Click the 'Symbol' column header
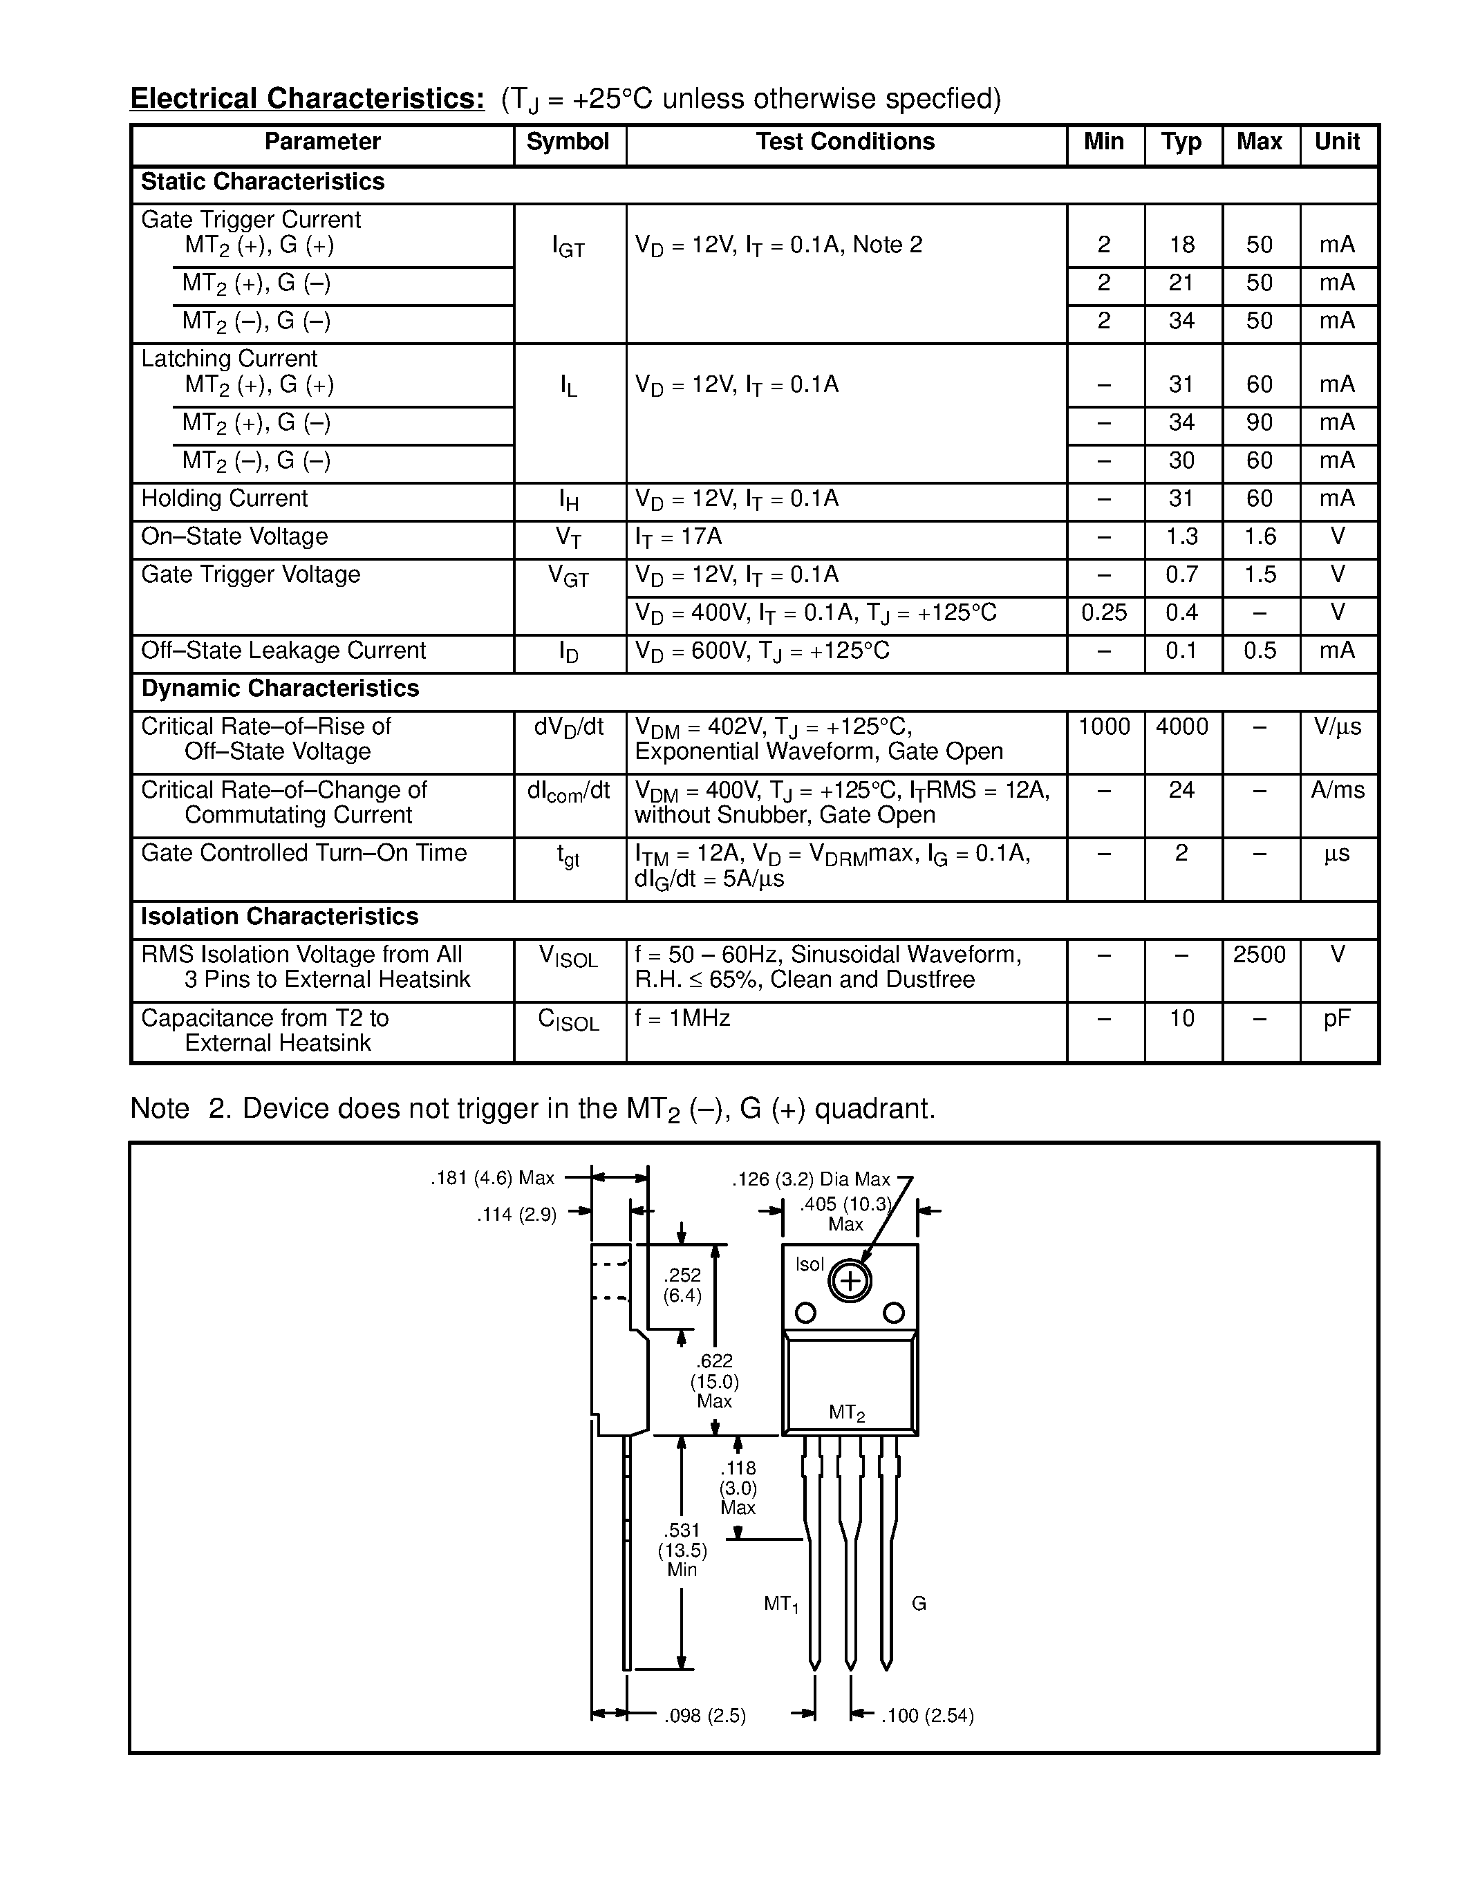click(568, 142)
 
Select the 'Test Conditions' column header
click(845, 142)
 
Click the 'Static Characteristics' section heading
click(263, 182)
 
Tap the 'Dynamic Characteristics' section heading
click(280, 689)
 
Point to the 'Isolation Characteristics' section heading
click(279, 917)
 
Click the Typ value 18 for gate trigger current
click(1182, 245)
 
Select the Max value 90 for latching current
click(1260, 423)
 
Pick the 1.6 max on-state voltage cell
click(1260, 537)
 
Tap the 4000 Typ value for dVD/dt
click(1182, 727)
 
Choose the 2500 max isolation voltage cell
click(1260, 955)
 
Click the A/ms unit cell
click(1338, 790)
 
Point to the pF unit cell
click(1338, 1018)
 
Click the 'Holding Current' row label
click(225, 498)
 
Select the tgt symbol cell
click(568, 857)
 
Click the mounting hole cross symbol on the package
click(850, 1280)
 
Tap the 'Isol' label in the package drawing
click(810, 1264)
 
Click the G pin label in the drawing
click(919, 1603)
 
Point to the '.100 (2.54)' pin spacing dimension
click(928, 1716)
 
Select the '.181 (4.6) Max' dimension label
click(493, 1179)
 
